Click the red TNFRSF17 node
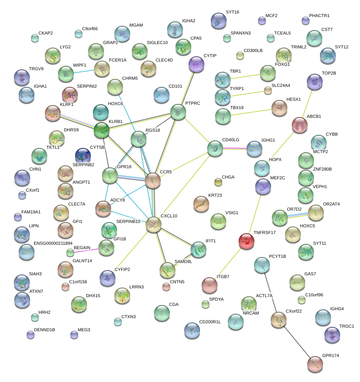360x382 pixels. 246,241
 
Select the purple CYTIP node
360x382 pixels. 196,64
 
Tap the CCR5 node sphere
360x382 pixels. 153,181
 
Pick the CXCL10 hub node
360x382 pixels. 154,225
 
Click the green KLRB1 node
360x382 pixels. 102,130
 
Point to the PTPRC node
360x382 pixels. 178,112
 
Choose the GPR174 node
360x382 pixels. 315,364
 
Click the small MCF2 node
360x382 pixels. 262,21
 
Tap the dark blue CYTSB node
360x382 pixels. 83,155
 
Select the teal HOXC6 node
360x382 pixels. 101,112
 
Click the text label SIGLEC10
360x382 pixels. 157,42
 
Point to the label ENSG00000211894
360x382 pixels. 53,243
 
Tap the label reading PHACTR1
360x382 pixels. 319,15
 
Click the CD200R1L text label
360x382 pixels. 210,322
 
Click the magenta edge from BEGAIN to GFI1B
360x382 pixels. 86,251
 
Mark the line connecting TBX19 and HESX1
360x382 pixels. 251,112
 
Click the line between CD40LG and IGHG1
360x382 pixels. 235,148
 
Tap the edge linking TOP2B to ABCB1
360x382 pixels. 307,104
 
